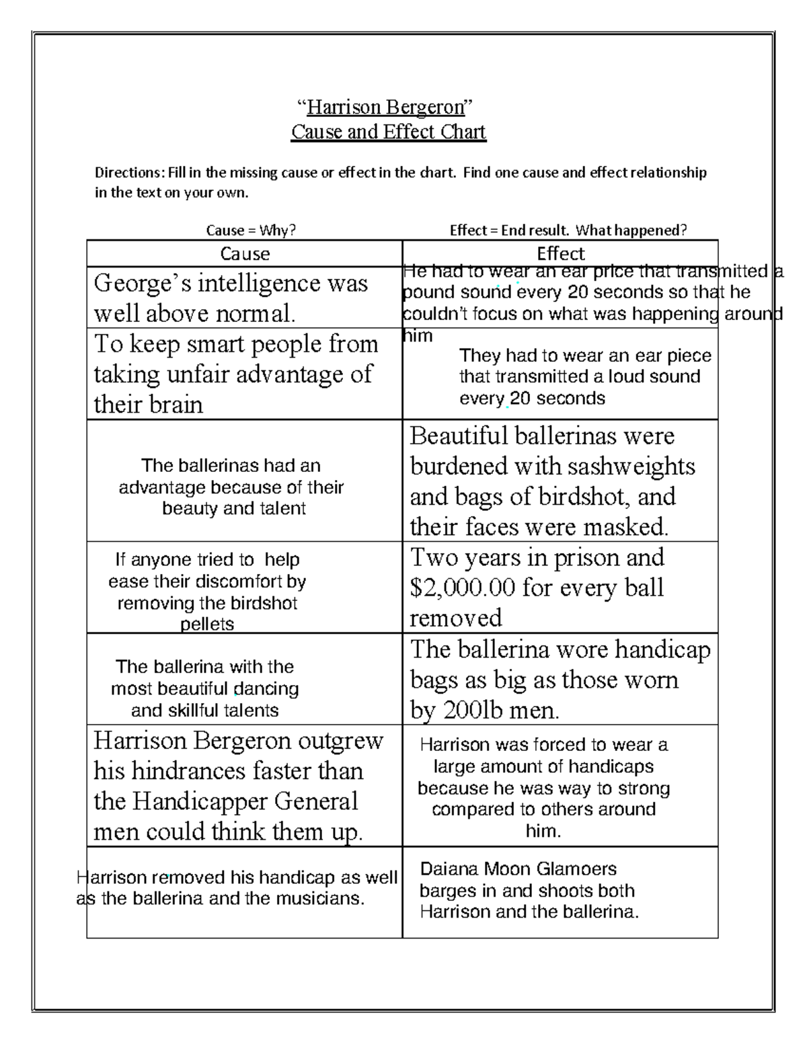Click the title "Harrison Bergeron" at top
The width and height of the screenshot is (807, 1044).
click(x=386, y=107)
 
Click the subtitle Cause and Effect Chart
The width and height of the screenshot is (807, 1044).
click(x=388, y=132)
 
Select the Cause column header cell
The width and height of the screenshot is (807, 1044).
click(x=245, y=253)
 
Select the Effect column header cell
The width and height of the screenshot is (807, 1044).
click(x=560, y=253)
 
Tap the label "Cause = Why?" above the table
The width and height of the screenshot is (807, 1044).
click(x=251, y=231)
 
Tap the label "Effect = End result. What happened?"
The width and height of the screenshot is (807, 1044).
click(x=568, y=231)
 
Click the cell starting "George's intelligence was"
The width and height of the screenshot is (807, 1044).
click(x=231, y=297)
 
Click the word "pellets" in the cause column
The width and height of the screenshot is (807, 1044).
click(x=207, y=625)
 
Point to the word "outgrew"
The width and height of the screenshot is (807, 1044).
click(x=340, y=741)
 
